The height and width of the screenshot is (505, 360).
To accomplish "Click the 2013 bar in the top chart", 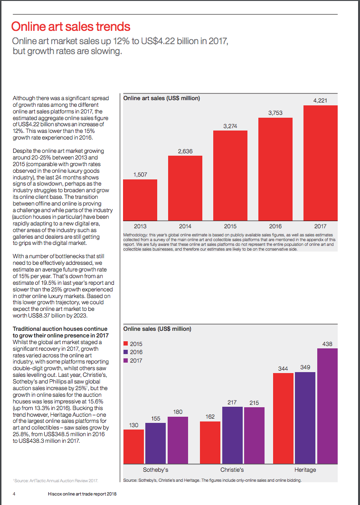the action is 140,200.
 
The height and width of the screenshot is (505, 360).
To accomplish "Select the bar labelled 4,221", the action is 321,163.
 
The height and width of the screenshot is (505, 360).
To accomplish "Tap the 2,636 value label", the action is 185,151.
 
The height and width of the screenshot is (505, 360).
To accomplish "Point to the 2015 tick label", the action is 230,226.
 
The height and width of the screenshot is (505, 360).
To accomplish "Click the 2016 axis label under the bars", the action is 275,226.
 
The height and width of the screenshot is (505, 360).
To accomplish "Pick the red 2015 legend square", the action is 126,344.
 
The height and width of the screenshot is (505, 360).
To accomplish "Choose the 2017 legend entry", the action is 133,361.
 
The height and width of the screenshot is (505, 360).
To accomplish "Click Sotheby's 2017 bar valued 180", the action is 178,440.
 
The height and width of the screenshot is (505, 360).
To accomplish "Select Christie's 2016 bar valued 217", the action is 232,435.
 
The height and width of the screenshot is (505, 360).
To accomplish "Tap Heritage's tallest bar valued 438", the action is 327,406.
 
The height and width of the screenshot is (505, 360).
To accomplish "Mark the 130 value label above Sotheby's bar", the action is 133,425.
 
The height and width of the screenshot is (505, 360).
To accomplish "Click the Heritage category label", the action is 305,470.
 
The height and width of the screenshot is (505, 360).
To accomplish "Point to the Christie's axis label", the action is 232,470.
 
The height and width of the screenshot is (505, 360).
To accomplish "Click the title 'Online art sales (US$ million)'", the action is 161,98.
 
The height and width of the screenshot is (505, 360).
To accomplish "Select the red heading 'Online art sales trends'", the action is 71,27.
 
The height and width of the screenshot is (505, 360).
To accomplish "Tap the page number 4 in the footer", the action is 14,494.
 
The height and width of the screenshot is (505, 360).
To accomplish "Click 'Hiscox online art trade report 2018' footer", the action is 82,494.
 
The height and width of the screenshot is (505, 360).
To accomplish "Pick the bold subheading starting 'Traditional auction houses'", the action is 60,332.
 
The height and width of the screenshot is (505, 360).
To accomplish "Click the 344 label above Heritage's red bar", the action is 283,369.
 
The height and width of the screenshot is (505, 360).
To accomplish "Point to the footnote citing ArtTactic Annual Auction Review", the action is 56,480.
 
